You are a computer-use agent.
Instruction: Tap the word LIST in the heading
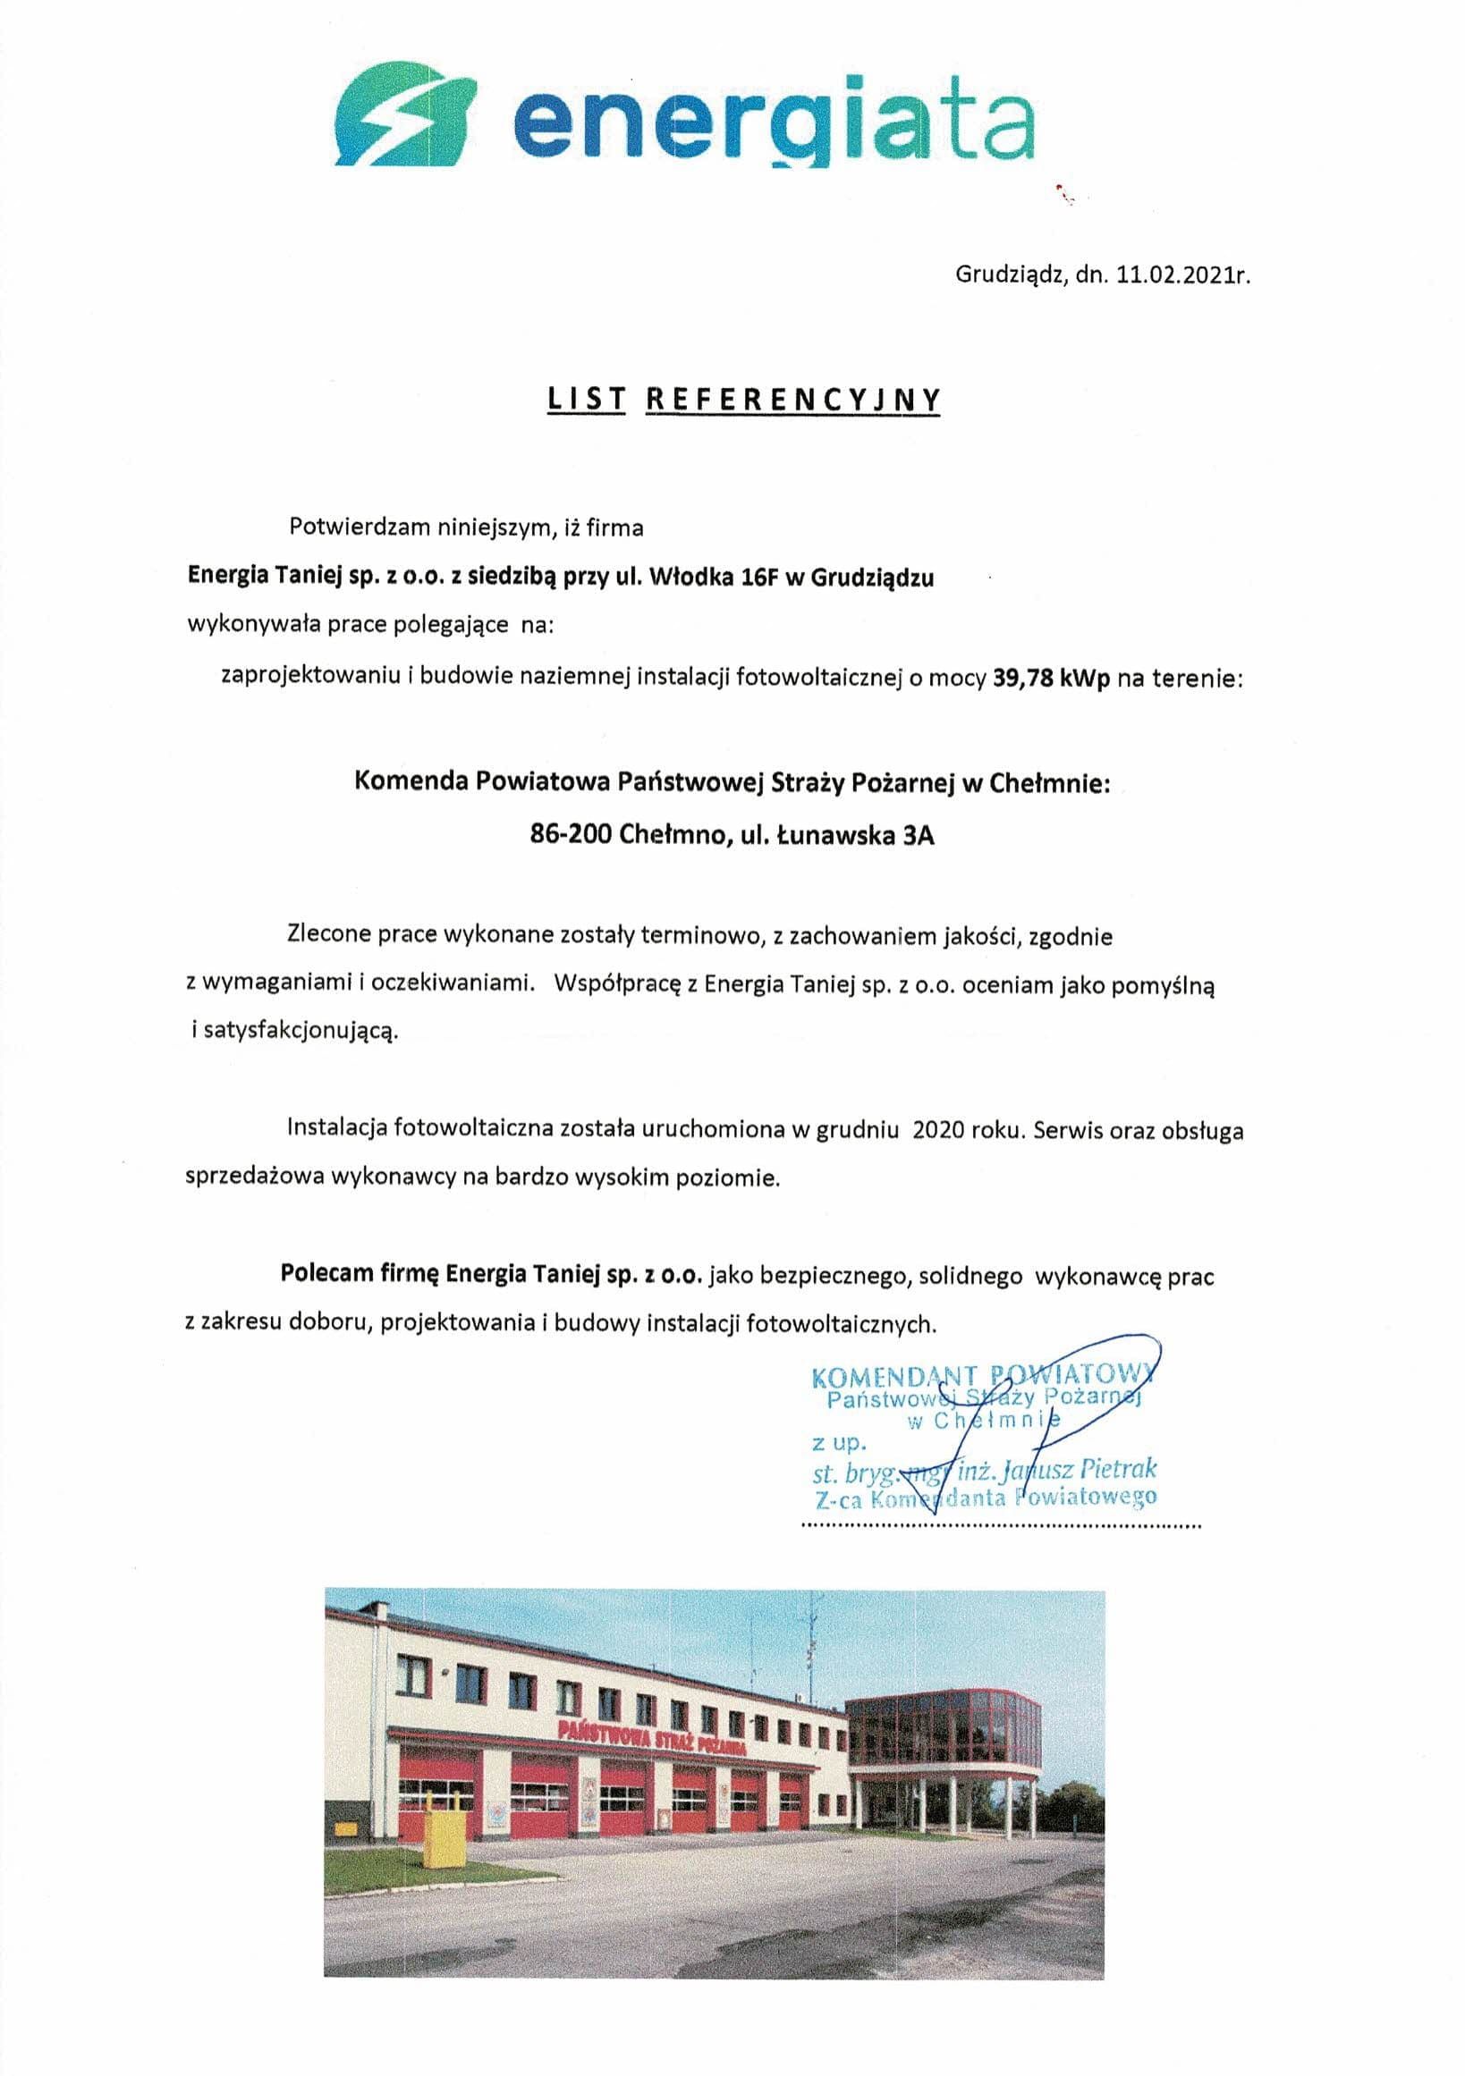tap(586, 399)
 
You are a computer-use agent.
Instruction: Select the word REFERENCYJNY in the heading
tap(793, 399)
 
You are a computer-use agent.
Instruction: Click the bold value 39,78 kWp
tap(1052, 678)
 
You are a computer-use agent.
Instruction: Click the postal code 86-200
tap(572, 834)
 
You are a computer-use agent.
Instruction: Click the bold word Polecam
tap(318, 1276)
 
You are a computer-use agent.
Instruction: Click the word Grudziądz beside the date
tap(1011, 276)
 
